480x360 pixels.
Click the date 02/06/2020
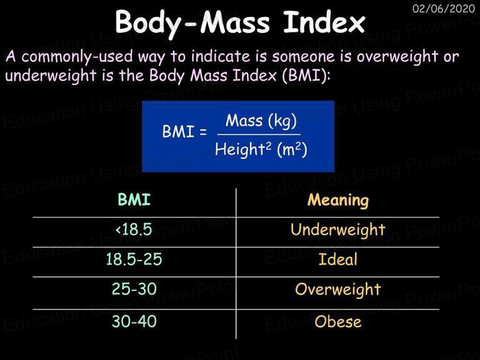tap(444, 8)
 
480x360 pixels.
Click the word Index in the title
tap(324, 22)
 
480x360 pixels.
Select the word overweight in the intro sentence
tap(397, 57)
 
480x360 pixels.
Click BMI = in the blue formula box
tap(184, 132)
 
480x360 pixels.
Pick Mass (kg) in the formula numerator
tap(261, 121)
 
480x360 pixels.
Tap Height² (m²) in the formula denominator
tap(261, 150)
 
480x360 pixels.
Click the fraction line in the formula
tap(259, 134)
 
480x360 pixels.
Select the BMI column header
tap(134, 199)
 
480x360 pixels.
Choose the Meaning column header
tap(338, 201)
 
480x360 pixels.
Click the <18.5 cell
tap(134, 229)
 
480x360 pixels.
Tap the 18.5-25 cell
tap(134, 259)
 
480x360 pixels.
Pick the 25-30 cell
tap(134, 289)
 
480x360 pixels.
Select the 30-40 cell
tap(134, 321)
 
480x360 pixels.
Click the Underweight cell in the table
tap(337, 230)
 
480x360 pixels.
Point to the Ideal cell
tap(337, 259)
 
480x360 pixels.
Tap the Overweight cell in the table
tap(337, 289)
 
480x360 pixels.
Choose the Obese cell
tap(337, 321)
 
